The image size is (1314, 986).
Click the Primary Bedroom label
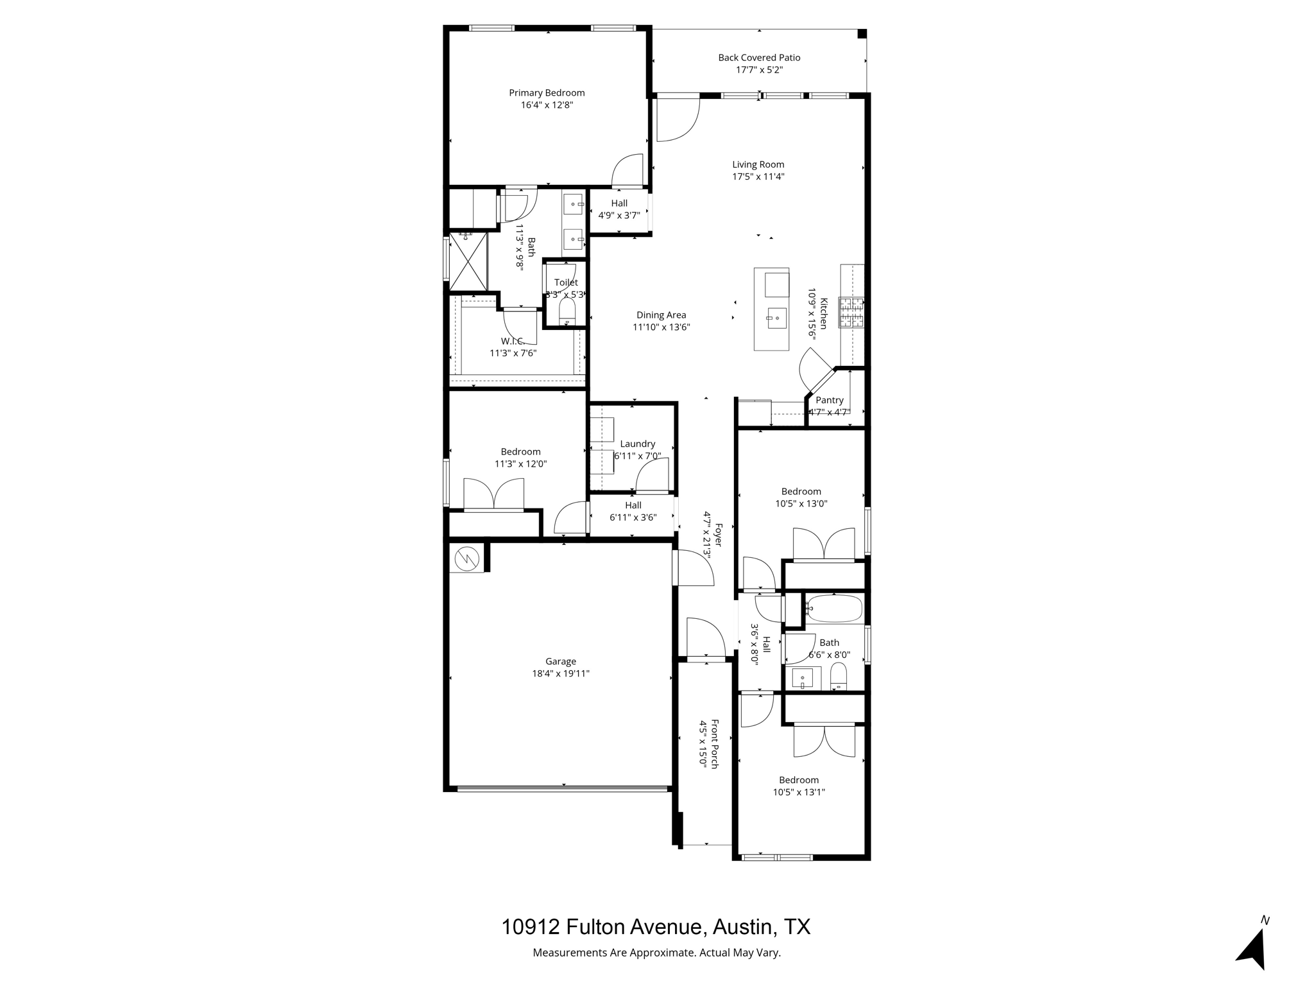[547, 93]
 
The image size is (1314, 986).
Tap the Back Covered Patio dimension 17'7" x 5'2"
[759, 69]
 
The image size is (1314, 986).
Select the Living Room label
[758, 164]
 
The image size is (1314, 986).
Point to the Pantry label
[830, 400]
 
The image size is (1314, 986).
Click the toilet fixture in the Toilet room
[567, 313]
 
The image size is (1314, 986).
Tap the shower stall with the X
[468, 261]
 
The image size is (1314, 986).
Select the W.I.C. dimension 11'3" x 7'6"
[513, 353]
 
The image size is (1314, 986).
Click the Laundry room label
[637, 444]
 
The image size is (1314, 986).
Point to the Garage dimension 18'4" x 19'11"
[560, 673]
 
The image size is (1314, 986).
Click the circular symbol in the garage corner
[467, 559]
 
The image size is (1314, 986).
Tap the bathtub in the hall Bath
[834, 609]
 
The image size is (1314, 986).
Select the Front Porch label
[714, 743]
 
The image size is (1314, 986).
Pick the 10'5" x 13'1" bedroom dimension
[799, 792]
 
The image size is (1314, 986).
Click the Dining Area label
[661, 315]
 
